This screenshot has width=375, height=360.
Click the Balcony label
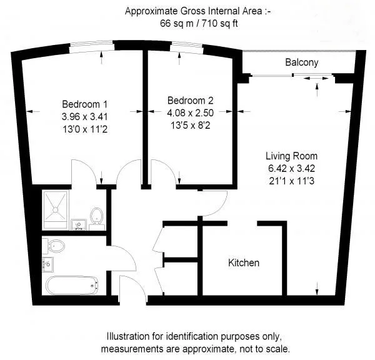coord(302,62)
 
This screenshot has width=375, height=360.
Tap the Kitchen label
coord(244,262)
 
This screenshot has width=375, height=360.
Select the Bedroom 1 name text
coord(84,104)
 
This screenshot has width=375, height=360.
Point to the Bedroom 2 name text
coord(191,101)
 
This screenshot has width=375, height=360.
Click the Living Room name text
coord(291,156)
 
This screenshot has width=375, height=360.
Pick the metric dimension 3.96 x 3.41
coord(84,117)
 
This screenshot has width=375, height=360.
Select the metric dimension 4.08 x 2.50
coord(191,113)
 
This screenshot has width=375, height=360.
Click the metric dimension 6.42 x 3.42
coord(291,168)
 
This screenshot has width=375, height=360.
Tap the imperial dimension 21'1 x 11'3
coord(291,181)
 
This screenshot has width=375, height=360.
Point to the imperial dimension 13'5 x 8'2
coord(191,126)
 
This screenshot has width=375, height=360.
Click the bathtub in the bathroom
coord(72,286)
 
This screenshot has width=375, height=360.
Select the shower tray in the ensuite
coord(56,210)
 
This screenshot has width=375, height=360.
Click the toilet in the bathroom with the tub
coord(54,246)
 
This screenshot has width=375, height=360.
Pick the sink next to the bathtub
coord(48,264)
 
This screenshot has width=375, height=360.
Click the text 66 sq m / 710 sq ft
coord(199,24)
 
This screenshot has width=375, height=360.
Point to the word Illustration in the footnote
coord(128,336)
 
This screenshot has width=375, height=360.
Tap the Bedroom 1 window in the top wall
coord(91,46)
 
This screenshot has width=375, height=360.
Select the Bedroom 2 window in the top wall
coord(187,47)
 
